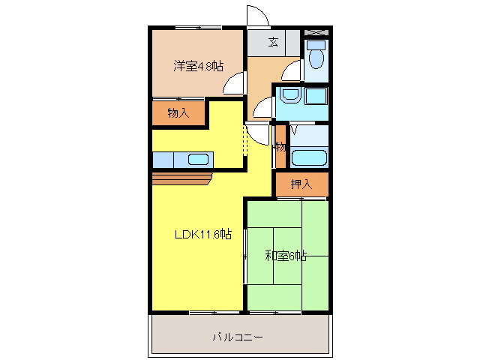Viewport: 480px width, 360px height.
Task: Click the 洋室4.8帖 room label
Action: pyautogui.click(x=198, y=66)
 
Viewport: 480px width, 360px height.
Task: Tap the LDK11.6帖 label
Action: pyautogui.click(x=202, y=235)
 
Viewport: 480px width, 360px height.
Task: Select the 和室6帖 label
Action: pyautogui.click(x=286, y=256)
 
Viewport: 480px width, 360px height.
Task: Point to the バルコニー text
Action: pyautogui.click(x=237, y=337)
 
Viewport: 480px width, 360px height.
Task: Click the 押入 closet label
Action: pyautogui.click(x=301, y=183)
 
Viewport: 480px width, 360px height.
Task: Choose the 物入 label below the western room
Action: pyautogui.click(x=178, y=113)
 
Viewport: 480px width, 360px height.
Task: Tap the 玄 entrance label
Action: pyautogui.click(x=274, y=42)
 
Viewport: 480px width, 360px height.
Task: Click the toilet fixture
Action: pyautogui.click(x=316, y=55)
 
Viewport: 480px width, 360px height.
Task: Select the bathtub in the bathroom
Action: pyautogui.click(x=307, y=158)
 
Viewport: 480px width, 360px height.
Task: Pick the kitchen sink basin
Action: pyautogui.click(x=199, y=159)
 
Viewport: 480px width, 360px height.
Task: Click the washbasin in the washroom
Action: pyautogui.click(x=289, y=95)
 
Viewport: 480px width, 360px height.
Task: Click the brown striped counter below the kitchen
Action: pyautogui.click(x=182, y=178)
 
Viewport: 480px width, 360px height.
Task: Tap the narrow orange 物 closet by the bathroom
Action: pyautogui.click(x=280, y=147)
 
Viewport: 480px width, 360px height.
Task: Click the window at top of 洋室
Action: pyautogui.click(x=198, y=28)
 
